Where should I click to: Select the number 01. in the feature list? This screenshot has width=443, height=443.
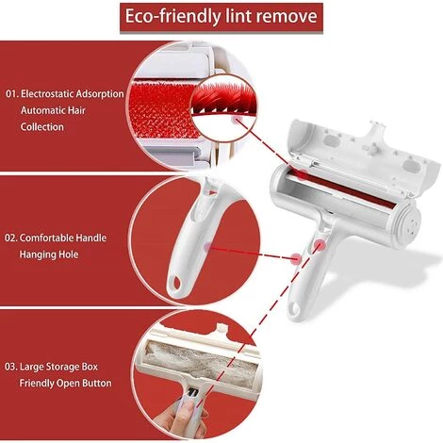point(12,94)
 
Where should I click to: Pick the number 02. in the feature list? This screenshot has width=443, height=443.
point(12,238)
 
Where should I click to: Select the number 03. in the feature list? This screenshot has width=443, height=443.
point(12,367)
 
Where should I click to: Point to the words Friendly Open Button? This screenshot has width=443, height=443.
point(66,383)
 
